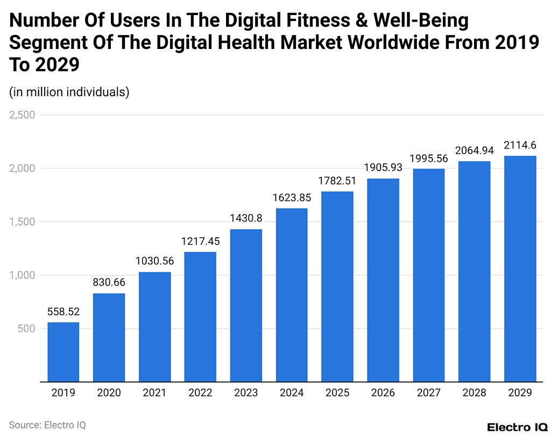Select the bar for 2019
click(63, 352)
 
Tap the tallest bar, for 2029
click(520, 268)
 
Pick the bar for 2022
click(200, 317)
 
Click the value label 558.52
click(63, 311)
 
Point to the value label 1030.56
click(154, 261)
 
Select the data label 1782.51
click(337, 180)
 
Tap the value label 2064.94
click(474, 150)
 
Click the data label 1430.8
click(246, 218)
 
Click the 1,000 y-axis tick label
click(22, 275)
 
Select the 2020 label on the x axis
click(109, 393)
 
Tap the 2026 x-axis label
click(383, 393)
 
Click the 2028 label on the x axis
click(474, 393)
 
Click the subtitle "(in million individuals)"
click(69, 92)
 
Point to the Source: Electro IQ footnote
click(47, 425)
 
